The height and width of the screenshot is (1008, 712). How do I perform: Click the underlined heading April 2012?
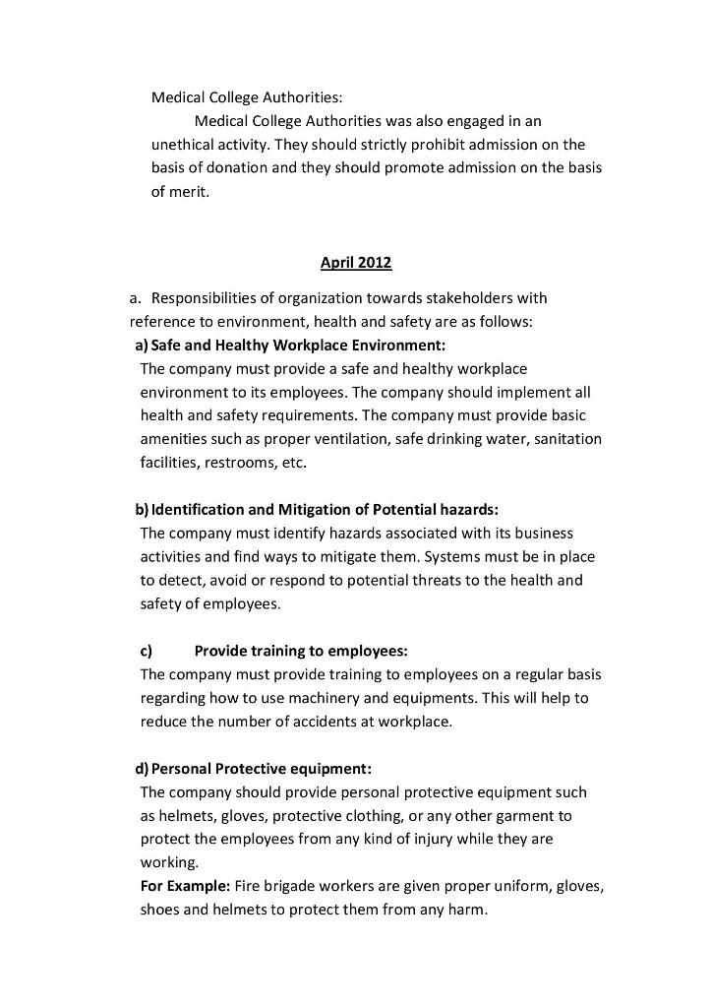(356, 263)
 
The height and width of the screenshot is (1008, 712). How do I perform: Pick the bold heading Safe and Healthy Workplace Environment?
(298, 345)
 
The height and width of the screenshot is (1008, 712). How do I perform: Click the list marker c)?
(146, 651)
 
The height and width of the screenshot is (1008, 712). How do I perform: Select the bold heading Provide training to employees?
(300, 651)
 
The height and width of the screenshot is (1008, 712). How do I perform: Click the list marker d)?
(143, 768)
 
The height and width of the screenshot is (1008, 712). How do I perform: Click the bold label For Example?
(185, 886)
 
